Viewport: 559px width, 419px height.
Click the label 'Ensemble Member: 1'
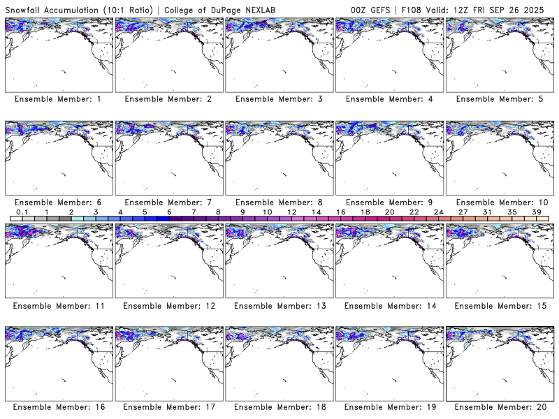click(58, 99)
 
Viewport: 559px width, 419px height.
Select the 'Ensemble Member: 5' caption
click(499, 99)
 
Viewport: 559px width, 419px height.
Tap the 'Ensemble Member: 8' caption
click(279, 202)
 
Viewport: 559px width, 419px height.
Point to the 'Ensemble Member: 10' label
click(499, 202)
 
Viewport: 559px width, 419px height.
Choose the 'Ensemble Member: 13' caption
click(279, 305)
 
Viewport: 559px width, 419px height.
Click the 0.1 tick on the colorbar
click(22, 212)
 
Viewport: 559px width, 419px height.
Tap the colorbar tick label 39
click(536, 212)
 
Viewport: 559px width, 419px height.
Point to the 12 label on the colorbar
click(291, 212)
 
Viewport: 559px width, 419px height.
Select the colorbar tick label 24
click(438, 212)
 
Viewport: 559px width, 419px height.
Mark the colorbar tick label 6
click(169, 212)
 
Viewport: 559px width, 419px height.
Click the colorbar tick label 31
click(487, 212)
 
